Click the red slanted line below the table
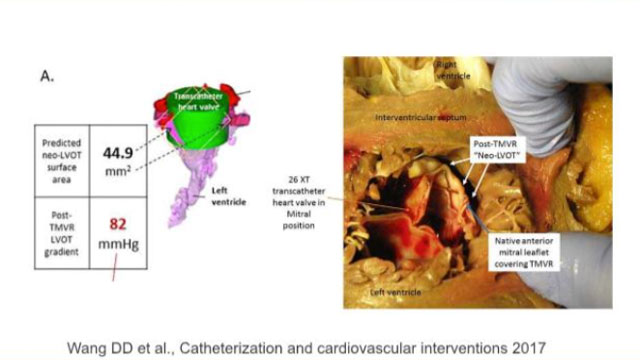coord(117,269)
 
